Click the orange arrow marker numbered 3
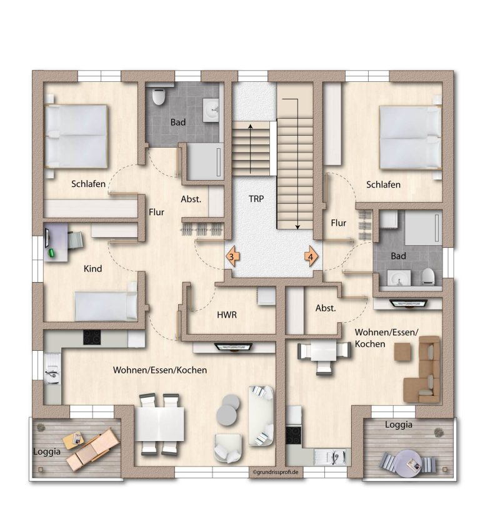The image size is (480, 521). click(232, 256)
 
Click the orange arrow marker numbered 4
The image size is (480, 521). click(311, 256)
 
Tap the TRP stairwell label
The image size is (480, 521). click(256, 199)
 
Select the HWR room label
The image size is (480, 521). click(227, 315)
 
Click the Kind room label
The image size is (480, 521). click(92, 268)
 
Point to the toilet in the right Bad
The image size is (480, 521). click(429, 276)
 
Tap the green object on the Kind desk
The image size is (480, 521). click(52, 253)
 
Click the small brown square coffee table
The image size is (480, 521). click(402, 352)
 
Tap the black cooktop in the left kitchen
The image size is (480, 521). click(92, 337)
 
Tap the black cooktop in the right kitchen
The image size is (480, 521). click(294, 435)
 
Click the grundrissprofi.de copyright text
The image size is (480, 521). click(276, 472)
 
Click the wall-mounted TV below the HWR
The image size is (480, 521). click(234, 347)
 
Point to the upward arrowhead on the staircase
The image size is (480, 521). click(250, 126)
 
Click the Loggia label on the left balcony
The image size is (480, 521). click(47, 452)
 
